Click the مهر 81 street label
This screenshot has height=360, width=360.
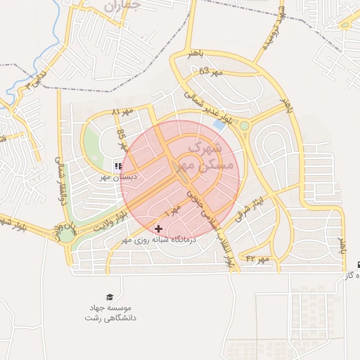(x=122, y=112)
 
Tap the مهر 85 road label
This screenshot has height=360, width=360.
(x=122, y=140)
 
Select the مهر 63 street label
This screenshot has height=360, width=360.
(x=210, y=72)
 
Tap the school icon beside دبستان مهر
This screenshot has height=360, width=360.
(x=118, y=167)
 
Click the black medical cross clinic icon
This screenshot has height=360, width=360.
(x=158, y=229)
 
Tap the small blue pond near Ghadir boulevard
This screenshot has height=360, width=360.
(x=221, y=124)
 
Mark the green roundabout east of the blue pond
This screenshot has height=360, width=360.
(x=244, y=126)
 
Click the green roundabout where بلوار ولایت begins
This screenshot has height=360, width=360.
(x=66, y=236)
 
